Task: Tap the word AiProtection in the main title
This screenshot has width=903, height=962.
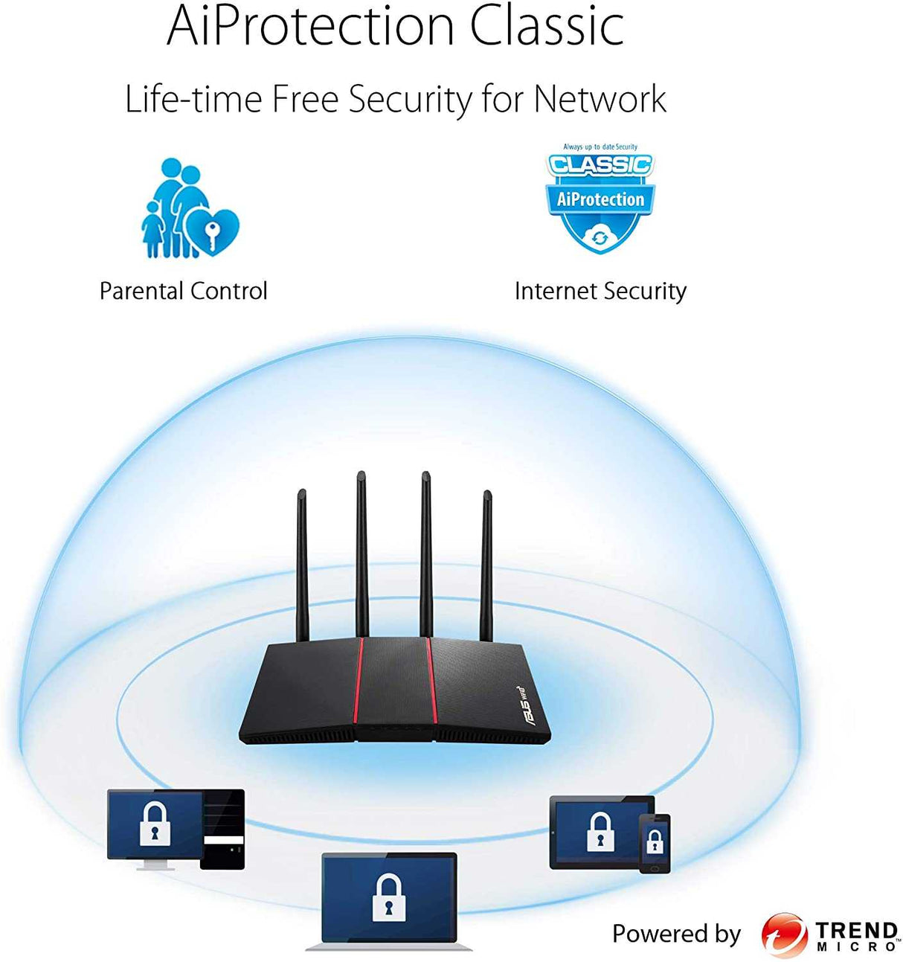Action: coord(310,27)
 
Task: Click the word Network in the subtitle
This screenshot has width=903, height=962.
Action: coord(600,100)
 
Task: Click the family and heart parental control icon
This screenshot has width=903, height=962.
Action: coord(190,208)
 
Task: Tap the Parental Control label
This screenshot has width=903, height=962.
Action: coord(183,291)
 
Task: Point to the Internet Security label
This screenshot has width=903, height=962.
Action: coord(600,291)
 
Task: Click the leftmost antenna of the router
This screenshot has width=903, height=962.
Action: coord(302,565)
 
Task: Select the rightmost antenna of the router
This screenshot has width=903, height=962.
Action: coord(486,565)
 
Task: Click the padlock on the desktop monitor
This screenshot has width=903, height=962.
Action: coord(155,824)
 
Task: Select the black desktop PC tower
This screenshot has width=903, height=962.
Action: coord(223,830)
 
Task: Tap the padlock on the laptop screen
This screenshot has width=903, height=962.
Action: coord(388,898)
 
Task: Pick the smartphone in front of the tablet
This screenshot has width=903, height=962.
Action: coord(655,843)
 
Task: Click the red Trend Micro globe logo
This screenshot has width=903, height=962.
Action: coord(784,935)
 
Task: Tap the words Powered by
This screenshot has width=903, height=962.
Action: coord(676,934)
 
